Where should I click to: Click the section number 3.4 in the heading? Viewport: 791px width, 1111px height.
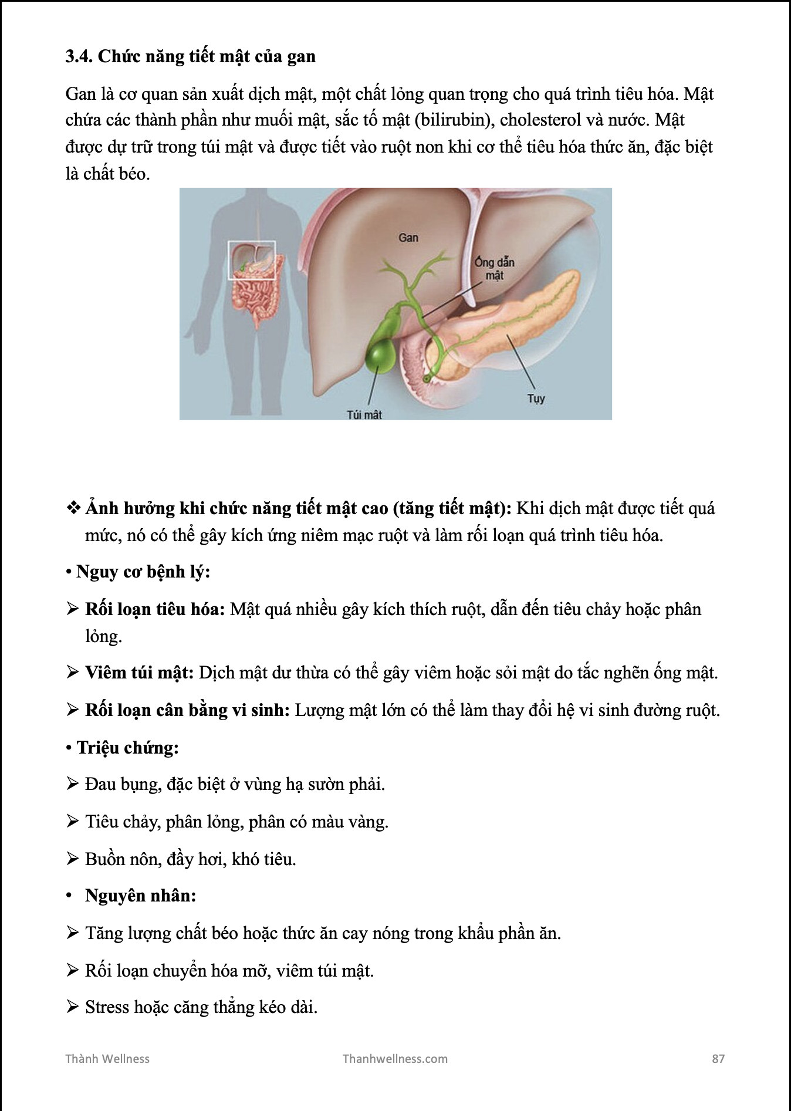79,56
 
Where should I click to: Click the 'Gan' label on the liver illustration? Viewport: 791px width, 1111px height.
408,238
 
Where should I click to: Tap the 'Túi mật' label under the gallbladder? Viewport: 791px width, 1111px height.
364,415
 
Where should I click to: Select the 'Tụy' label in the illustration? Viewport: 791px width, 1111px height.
536,399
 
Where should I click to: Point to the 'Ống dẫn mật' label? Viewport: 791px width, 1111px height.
495,269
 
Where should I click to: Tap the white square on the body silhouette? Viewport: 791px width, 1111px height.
252,260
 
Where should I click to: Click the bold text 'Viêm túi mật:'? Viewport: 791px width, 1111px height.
139,673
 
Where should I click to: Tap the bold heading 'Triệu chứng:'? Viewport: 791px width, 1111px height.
127,748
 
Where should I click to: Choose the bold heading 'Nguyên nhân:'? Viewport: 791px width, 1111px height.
140,896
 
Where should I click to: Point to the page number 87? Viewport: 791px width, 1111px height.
718,1059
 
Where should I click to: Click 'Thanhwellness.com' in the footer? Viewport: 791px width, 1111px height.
395,1059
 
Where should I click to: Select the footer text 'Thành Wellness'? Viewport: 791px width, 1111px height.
107,1059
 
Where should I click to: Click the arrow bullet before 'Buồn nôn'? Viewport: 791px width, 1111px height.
73,859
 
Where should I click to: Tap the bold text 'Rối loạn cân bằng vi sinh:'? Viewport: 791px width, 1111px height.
187,710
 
